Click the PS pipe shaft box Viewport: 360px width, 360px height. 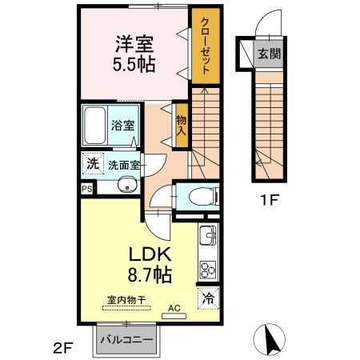(86, 189)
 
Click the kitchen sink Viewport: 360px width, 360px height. (207, 236)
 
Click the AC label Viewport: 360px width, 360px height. (173, 307)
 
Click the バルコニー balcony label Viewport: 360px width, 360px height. (126, 340)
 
